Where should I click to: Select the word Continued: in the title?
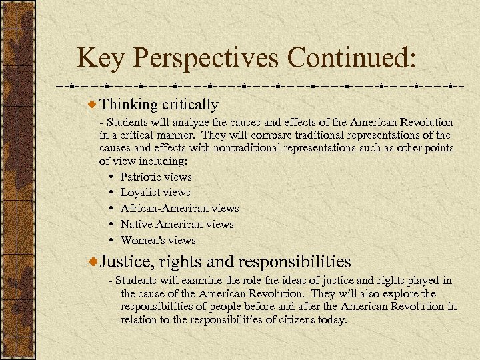pos(352,58)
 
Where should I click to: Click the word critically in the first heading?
pos(189,105)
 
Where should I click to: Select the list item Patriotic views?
pos(155,177)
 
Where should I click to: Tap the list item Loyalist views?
pos(155,193)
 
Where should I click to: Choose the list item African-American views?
pos(179,209)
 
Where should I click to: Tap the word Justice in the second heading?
pos(123,261)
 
